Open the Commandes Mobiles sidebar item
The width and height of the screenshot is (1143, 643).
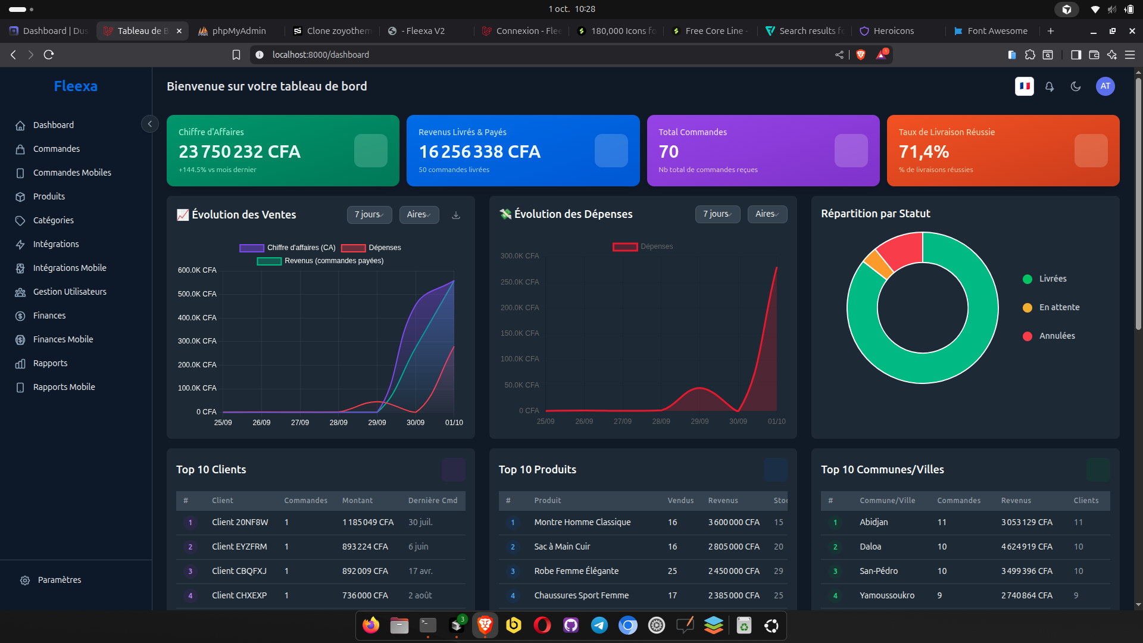tap(72, 173)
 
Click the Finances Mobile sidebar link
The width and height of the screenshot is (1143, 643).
tap(63, 339)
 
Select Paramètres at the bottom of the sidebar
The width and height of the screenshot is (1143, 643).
tap(59, 580)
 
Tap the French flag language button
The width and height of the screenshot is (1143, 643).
tap(1024, 86)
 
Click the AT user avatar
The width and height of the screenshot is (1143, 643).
tap(1105, 86)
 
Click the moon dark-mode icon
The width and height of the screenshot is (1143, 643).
tap(1075, 86)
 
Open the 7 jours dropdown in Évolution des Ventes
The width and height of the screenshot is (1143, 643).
tap(369, 215)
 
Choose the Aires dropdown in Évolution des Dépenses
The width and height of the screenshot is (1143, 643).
tap(767, 214)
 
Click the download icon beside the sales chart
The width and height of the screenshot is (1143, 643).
tap(456, 215)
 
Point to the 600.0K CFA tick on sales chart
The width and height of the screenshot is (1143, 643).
tap(197, 270)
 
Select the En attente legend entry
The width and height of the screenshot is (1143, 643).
tap(1058, 307)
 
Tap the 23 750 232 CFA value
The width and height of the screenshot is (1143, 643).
tap(239, 152)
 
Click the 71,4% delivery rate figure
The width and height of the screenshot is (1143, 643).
tap(923, 152)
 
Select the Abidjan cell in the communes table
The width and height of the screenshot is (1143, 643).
tap(873, 522)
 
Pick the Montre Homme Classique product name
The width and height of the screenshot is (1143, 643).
tap(582, 522)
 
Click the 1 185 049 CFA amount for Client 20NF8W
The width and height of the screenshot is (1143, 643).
tap(367, 522)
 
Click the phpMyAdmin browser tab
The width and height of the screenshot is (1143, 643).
tap(238, 31)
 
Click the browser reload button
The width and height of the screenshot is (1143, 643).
tap(49, 55)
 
